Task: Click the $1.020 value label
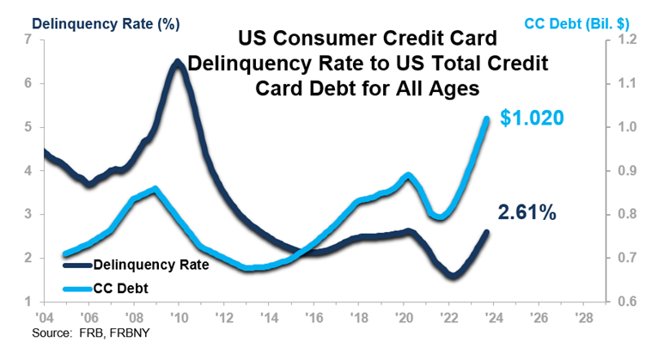coord(532,118)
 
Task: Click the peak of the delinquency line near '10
coord(177,63)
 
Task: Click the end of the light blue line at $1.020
coord(487,119)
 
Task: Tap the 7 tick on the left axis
coord(30,40)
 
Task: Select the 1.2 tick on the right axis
coord(618,40)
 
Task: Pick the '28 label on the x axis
coord(586,316)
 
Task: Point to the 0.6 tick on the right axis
coord(618,302)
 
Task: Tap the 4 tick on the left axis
coord(30,171)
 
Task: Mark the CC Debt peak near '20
coord(408,174)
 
